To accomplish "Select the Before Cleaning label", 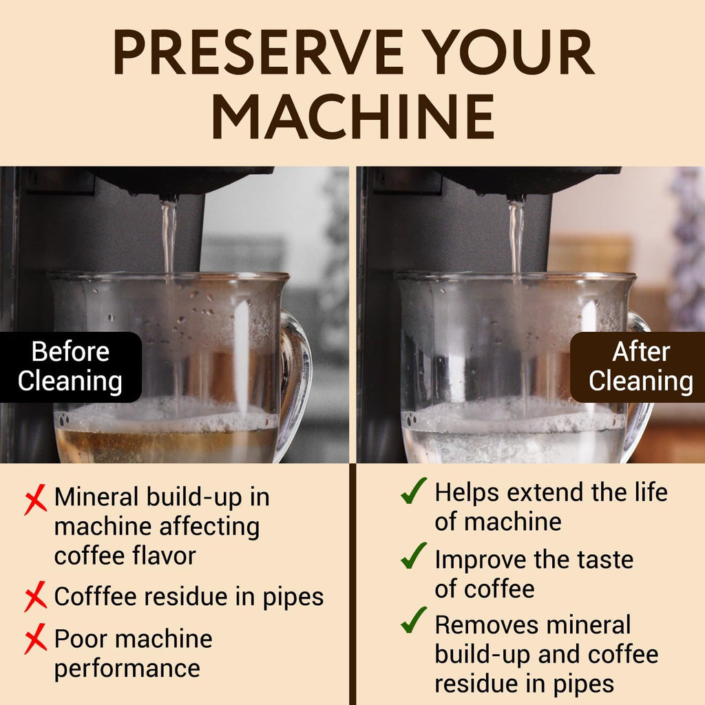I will pos(70,366).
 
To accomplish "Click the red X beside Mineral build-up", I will pos(35,500).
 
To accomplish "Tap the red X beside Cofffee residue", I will pos(35,596).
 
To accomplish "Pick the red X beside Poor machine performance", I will pos(35,641).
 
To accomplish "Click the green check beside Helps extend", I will pos(414,492).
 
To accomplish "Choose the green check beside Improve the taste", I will pos(414,556).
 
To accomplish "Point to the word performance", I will pos(127,668).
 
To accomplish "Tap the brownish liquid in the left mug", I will pos(165,446).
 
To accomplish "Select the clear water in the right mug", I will pos(513,446).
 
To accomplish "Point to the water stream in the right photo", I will pos(516,234).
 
